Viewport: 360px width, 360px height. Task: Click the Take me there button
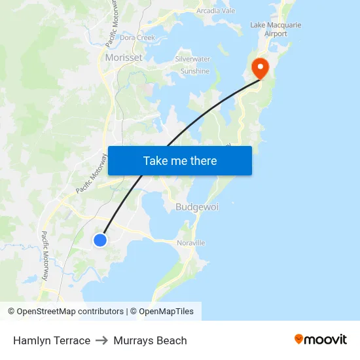[x=180, y=160]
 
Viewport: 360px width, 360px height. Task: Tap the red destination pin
[x=260, y=68]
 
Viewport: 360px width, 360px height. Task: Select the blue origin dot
[x=99, y=240]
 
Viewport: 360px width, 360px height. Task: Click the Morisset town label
[x=124, y=58]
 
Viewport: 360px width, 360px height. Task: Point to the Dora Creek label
[x=137, y=38]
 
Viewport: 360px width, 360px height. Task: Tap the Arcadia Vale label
[x=215, y=10]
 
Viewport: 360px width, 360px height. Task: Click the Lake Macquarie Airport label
[x=276, y=29]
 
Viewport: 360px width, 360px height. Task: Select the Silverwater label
[x=192, y=59]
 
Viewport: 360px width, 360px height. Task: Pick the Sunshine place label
[x=195, y=71]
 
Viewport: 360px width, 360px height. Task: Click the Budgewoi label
[x=197, y=207]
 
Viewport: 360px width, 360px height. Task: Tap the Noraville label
[x=191, y=243]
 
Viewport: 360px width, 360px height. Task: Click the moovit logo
[x=321, y=340]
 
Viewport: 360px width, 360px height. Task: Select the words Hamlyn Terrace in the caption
[x=52, y=340]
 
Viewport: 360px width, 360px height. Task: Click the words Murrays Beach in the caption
[x=150, y=340]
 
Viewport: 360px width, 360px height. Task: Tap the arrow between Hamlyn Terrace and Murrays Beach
[x=101, y=340]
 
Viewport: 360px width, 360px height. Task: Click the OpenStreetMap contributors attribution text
[x=70, y=312]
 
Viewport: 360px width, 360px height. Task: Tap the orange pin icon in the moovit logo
[x=299, y=339]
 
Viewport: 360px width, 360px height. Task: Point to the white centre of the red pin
[x=260, y=66]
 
